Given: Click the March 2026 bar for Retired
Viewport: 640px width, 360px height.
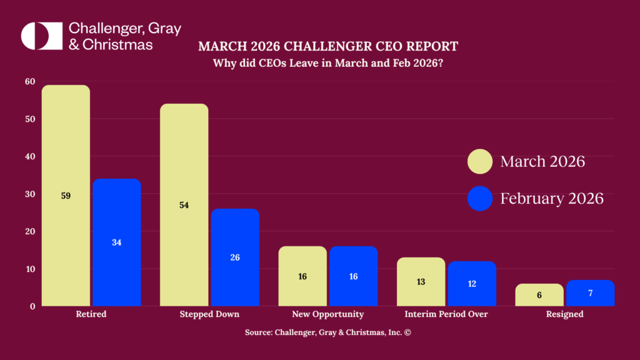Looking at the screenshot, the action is pos(66,196).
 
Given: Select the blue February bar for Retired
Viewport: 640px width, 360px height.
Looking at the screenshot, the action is pos(117,242).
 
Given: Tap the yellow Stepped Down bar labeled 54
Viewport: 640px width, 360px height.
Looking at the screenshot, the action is pos(184,205).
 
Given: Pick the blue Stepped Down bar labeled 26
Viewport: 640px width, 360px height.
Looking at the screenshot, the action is pos(235,257).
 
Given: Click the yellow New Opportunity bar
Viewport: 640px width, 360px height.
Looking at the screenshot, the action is pos(302,276).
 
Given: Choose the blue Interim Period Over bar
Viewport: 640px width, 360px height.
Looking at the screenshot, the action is pos(472,284).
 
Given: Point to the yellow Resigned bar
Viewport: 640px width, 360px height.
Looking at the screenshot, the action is pos(539,295).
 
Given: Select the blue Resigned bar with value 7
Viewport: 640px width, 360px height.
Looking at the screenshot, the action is pos(590,293).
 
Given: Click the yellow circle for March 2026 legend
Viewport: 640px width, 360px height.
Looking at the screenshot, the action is pos(480,162).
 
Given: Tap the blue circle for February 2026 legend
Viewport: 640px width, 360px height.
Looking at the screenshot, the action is pos(480,199).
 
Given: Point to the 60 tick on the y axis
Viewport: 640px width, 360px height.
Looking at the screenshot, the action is pos(30,81).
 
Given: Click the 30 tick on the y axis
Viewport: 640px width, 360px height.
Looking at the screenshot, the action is pos(30,194).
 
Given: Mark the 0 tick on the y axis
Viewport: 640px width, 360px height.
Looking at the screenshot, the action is pos(32,306).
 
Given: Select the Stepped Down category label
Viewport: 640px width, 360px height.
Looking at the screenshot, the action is pos(209,314).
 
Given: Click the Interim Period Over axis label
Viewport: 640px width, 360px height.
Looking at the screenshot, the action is pos(446,314).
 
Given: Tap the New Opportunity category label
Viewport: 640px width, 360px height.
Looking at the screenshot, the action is pos(327,314).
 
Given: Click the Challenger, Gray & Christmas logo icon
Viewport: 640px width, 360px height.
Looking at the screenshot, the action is pos(42,36).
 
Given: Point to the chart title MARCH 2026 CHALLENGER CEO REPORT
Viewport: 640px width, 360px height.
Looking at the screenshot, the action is pos(328,46).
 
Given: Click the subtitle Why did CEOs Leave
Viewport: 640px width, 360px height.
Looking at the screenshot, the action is pos(328,63).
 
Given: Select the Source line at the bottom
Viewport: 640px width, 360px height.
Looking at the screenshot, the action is pos(327,332).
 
